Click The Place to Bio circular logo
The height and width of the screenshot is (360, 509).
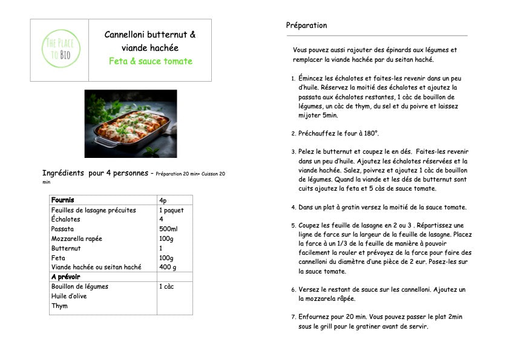point(59,49)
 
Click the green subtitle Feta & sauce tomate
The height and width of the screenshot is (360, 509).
point(150,61)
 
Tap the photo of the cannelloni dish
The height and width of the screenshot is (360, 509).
point(131,123)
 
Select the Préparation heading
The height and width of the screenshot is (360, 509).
point(306,25)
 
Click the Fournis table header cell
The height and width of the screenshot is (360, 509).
point(63,200)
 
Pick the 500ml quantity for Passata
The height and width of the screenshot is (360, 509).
point(168,229)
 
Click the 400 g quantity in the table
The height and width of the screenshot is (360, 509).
point(168,267)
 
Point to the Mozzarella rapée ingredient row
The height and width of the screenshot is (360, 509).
point(76,239)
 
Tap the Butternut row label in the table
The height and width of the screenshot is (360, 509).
point(66,249)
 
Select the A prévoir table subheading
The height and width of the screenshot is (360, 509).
point(66,277)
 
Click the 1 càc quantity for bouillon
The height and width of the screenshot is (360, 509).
point(168,287)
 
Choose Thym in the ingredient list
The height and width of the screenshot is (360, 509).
point(59,306)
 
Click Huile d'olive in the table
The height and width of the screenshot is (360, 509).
point(69,296)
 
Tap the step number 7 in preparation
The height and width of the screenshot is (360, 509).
point(293,317)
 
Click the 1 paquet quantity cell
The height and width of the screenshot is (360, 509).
point(172,210)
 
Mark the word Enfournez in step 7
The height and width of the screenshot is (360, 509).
point(315,317)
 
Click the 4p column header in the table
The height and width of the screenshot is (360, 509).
point(163,200)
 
